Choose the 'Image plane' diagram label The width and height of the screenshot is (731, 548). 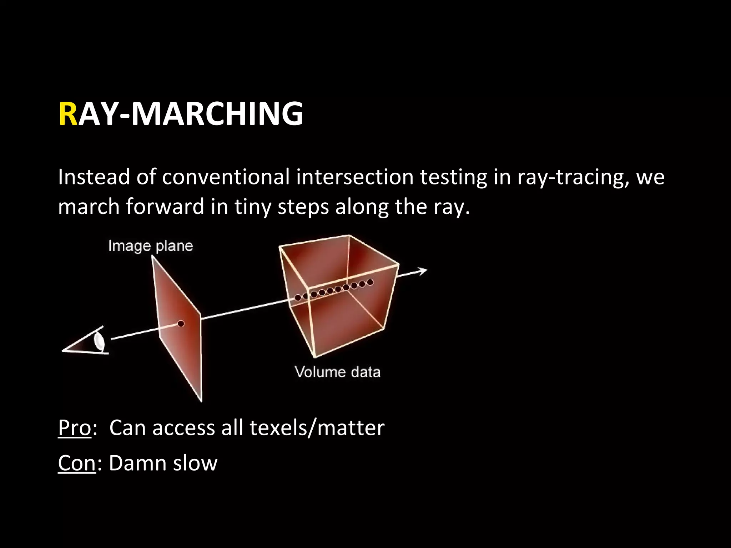coord(150,246)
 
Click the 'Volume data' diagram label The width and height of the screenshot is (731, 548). coord(338,372)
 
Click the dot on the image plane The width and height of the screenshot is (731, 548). coord(181,324)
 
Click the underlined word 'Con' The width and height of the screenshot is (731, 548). coord(77,463)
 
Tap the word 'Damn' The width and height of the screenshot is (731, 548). coord(137,463)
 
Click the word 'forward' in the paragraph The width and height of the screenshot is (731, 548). coord(165,207)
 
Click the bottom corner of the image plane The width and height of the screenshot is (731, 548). coord(201,401)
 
